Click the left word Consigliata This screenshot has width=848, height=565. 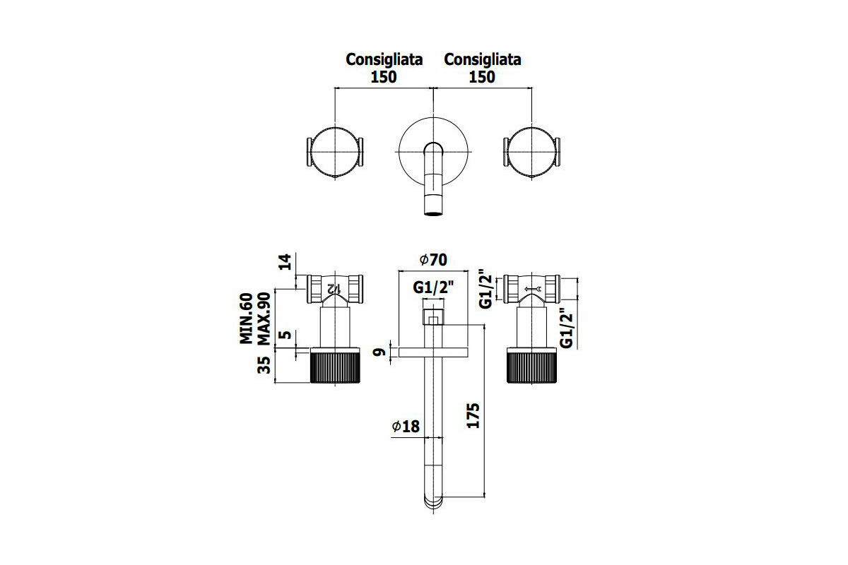coord(384,59)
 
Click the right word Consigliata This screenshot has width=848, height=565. coord(482,59)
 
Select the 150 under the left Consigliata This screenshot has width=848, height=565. coord(384,77)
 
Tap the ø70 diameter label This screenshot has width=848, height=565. coord(433,260)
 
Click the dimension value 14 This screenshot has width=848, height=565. coord(285,263)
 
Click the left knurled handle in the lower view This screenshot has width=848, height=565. coord(336,366)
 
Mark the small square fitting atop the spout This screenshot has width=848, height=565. coord(433,318)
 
